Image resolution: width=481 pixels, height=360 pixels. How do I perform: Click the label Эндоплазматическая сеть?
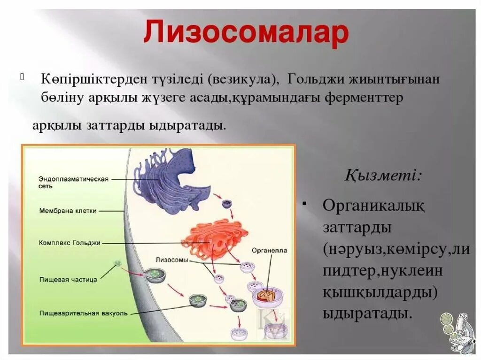point(74,182)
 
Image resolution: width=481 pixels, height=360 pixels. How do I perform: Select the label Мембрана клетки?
point(69,211)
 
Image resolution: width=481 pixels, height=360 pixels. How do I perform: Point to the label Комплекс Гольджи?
point(70,243)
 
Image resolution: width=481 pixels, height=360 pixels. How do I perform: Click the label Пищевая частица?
point(69,279)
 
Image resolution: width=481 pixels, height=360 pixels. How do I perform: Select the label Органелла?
point(269,251)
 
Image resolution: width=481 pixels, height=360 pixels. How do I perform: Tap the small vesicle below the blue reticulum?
point(226,203)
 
